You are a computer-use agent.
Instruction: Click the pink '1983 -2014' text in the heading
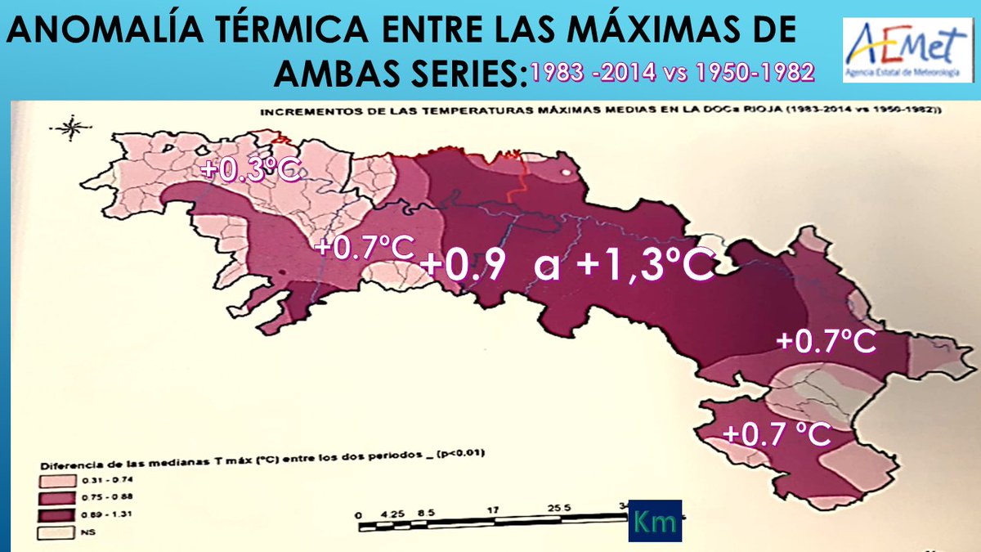594,72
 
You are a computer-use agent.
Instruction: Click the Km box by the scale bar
654,519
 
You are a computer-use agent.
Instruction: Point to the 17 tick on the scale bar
494,509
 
